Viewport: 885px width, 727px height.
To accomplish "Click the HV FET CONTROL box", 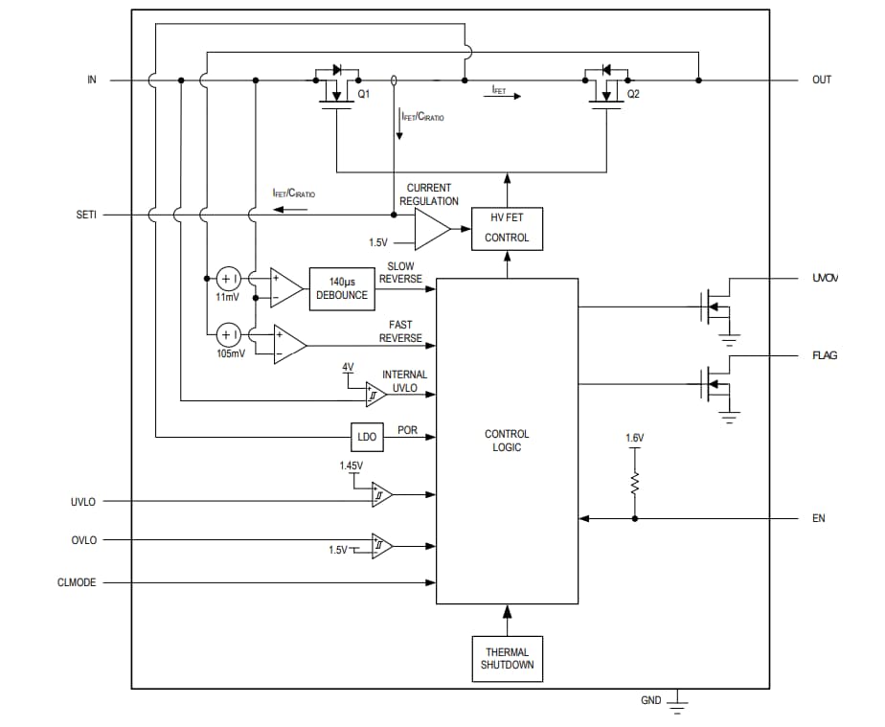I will [507, 229].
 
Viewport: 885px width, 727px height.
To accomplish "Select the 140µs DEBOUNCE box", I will [341, 289].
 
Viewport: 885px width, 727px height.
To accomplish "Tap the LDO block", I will [367, 437].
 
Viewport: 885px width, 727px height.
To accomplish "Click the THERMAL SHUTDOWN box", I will [507, 659].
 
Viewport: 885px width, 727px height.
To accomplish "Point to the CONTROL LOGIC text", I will [507, 441].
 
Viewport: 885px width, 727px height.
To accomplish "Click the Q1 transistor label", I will [364, 95].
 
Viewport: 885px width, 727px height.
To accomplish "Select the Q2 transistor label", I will [633, 95].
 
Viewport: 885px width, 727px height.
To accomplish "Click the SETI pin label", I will [86, 215].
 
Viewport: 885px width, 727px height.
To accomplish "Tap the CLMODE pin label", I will [78, 581].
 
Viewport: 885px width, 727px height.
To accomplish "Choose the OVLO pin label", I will [83, 539].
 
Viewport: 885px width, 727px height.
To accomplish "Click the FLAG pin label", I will [824, 355].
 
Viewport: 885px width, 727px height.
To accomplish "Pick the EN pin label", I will [819, 518].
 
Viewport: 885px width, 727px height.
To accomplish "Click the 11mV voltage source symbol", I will [228, 279].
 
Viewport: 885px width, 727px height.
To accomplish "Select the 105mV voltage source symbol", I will [228, 334].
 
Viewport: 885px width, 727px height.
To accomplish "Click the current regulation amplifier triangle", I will [430, 229].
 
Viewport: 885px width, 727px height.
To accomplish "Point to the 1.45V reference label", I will [351, 466].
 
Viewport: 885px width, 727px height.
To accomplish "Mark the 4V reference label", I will [348, 368].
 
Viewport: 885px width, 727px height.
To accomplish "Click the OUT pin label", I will [822, 80].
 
